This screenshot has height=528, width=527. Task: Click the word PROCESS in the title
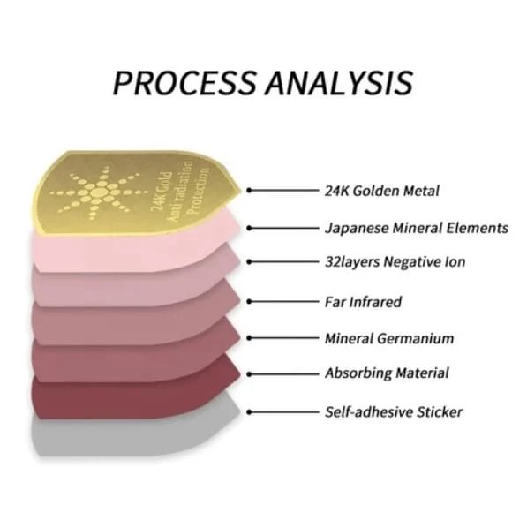[184, 82]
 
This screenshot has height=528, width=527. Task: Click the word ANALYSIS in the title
[339, 82]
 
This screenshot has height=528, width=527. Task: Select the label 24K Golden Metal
[382, 191]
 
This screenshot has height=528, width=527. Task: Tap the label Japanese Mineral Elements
[417, 228]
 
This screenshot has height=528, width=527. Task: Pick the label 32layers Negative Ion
[395, 261]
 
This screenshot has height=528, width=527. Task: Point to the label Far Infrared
[363, 302]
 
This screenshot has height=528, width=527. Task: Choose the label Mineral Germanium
[389, 338]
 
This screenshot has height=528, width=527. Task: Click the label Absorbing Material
[387, 373]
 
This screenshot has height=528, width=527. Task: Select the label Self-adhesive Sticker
[394, 411]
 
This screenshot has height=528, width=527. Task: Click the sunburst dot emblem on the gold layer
[99, 193]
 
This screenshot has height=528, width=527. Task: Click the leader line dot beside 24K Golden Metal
[249, 190]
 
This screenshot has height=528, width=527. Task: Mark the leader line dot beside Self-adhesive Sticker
[249, 411]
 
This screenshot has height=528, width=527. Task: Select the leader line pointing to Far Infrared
[282, 302]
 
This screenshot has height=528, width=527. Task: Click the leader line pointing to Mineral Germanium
[282, 338]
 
